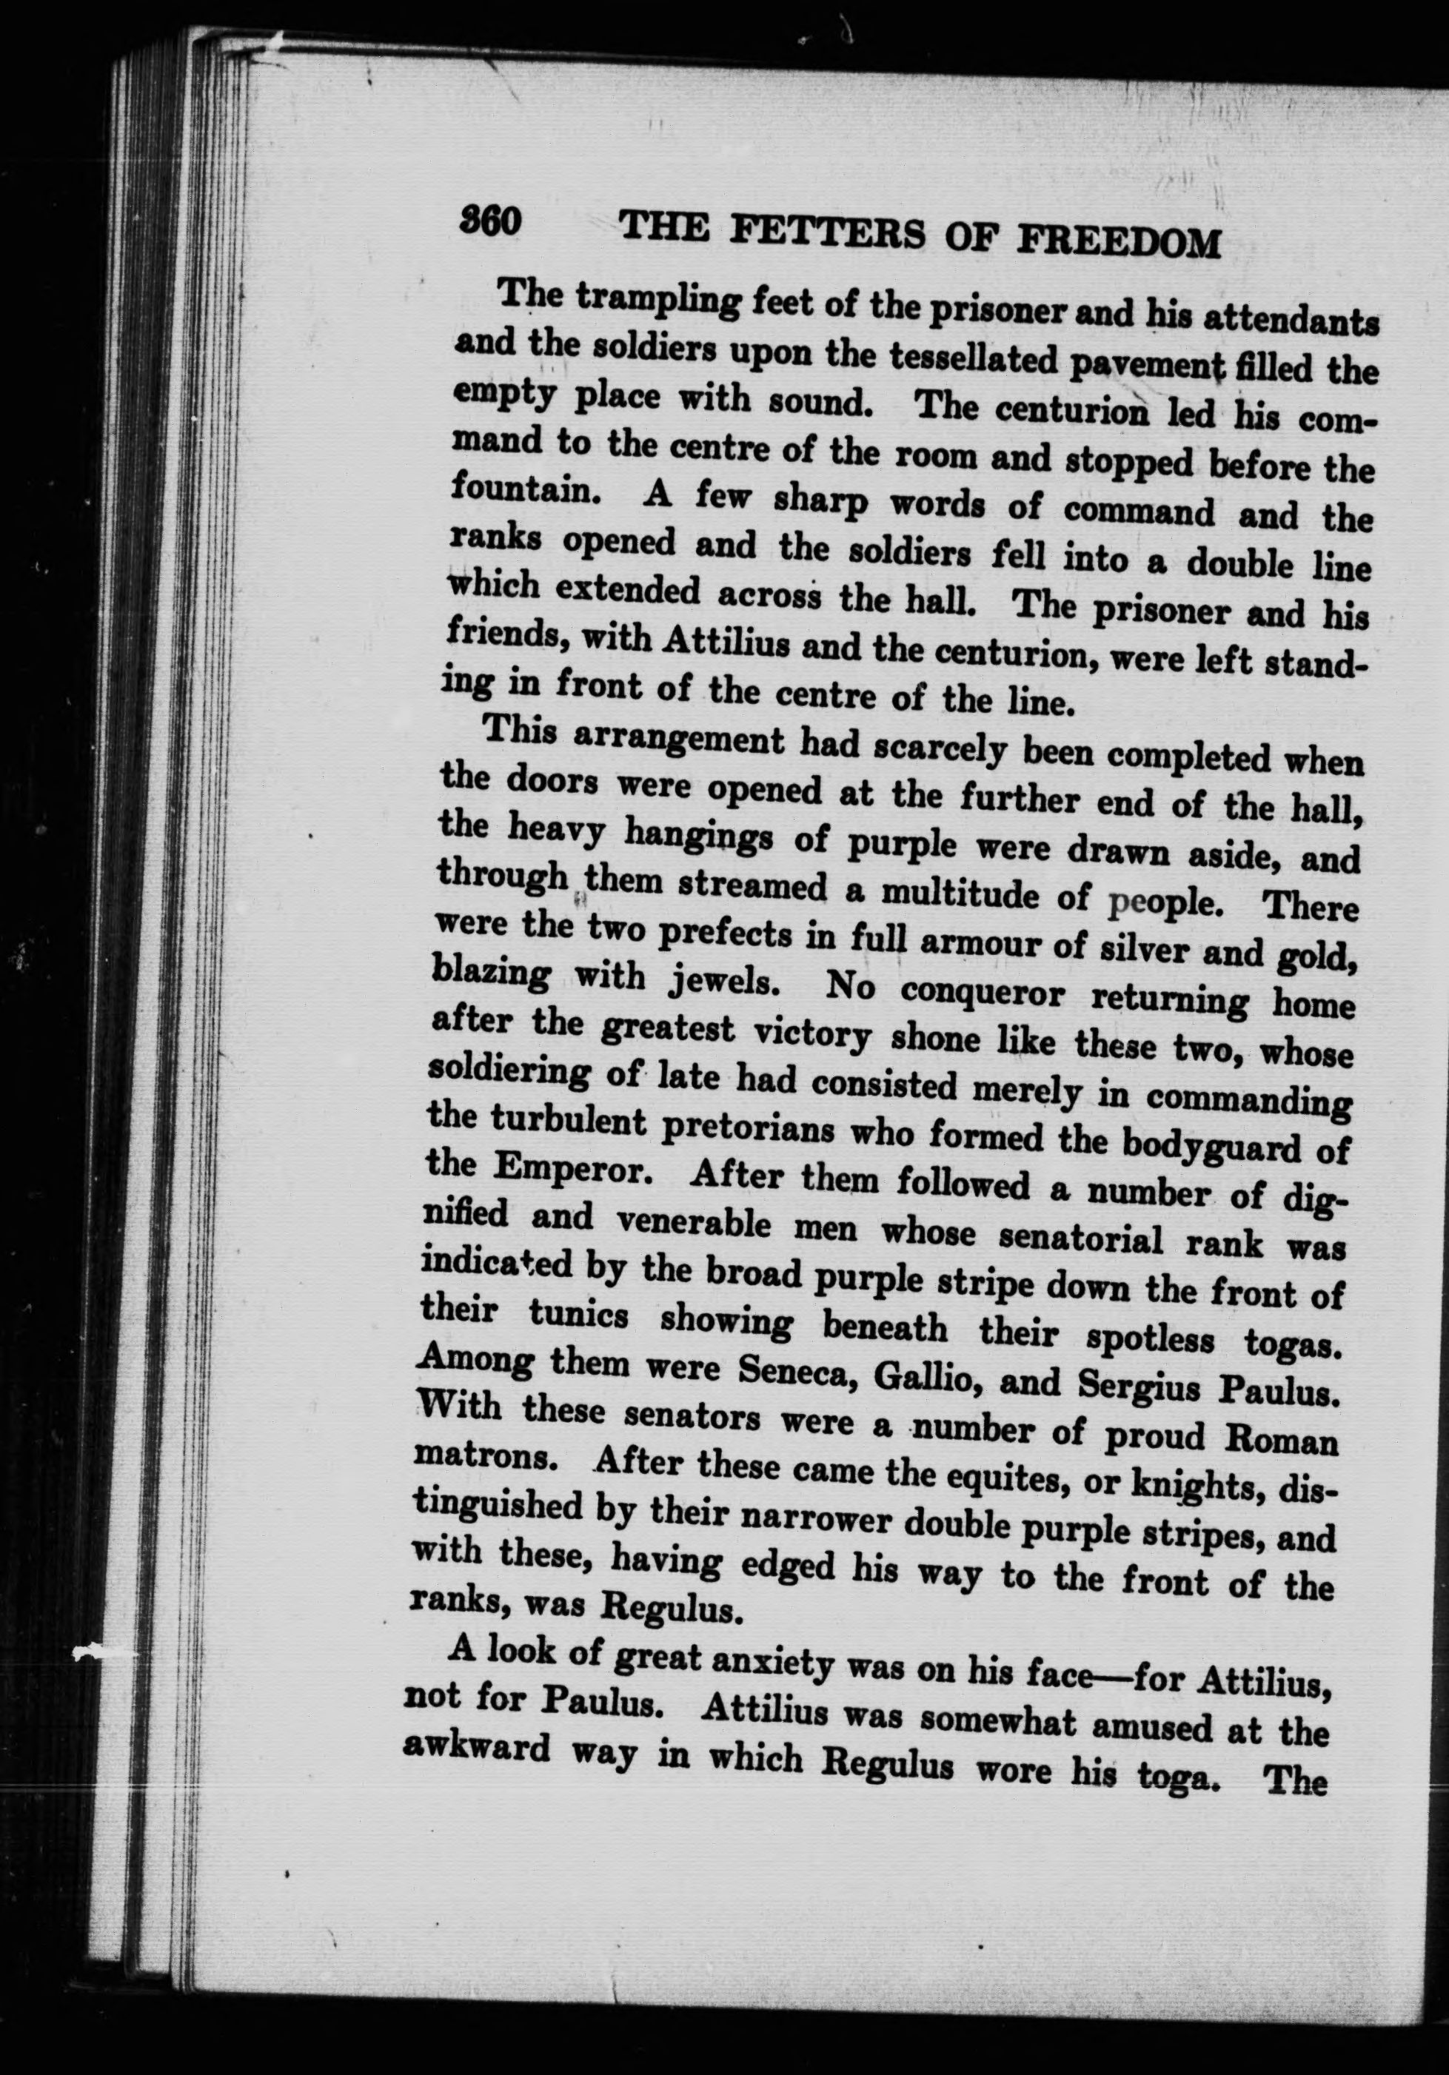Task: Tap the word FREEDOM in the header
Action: [1119, 242]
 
